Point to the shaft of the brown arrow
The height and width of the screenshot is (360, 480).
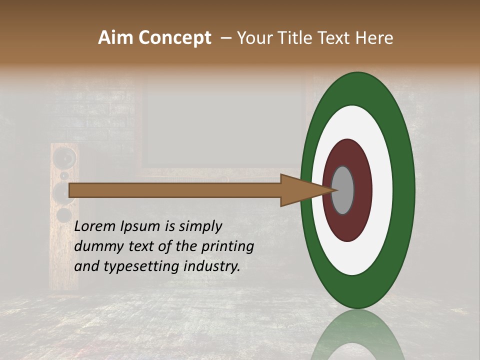tap(175, 190)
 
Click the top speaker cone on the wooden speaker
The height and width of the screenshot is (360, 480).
tap(65, 159)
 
